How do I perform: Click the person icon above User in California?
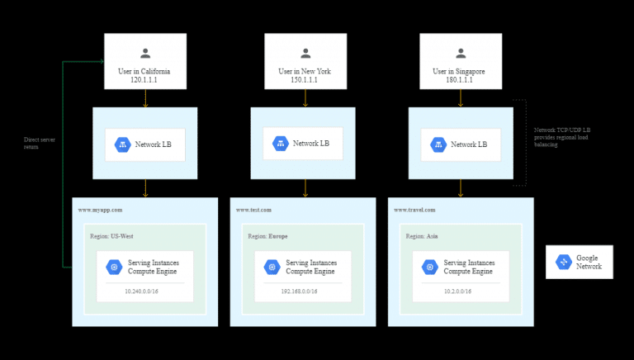click(145, 54)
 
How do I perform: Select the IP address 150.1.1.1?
click(304, 81)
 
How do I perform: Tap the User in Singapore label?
click(460, 72)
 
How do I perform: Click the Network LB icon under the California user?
click(123, 144)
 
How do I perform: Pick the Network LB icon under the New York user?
click(281, 143)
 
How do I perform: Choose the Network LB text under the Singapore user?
click(469, 144)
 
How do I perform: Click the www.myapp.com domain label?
click(101, 210)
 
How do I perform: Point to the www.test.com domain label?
click(255, 210)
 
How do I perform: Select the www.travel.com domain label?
click(415, 210)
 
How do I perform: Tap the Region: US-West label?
click(112, 236)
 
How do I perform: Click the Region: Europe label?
click(269, 236)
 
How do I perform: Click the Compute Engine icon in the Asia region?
click(429, 267)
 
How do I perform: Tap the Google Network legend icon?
click(564, 262)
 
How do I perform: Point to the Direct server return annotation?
click(37, 143)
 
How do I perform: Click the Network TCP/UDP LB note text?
click(562, 136)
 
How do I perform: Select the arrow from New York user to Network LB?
click(305, 97)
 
